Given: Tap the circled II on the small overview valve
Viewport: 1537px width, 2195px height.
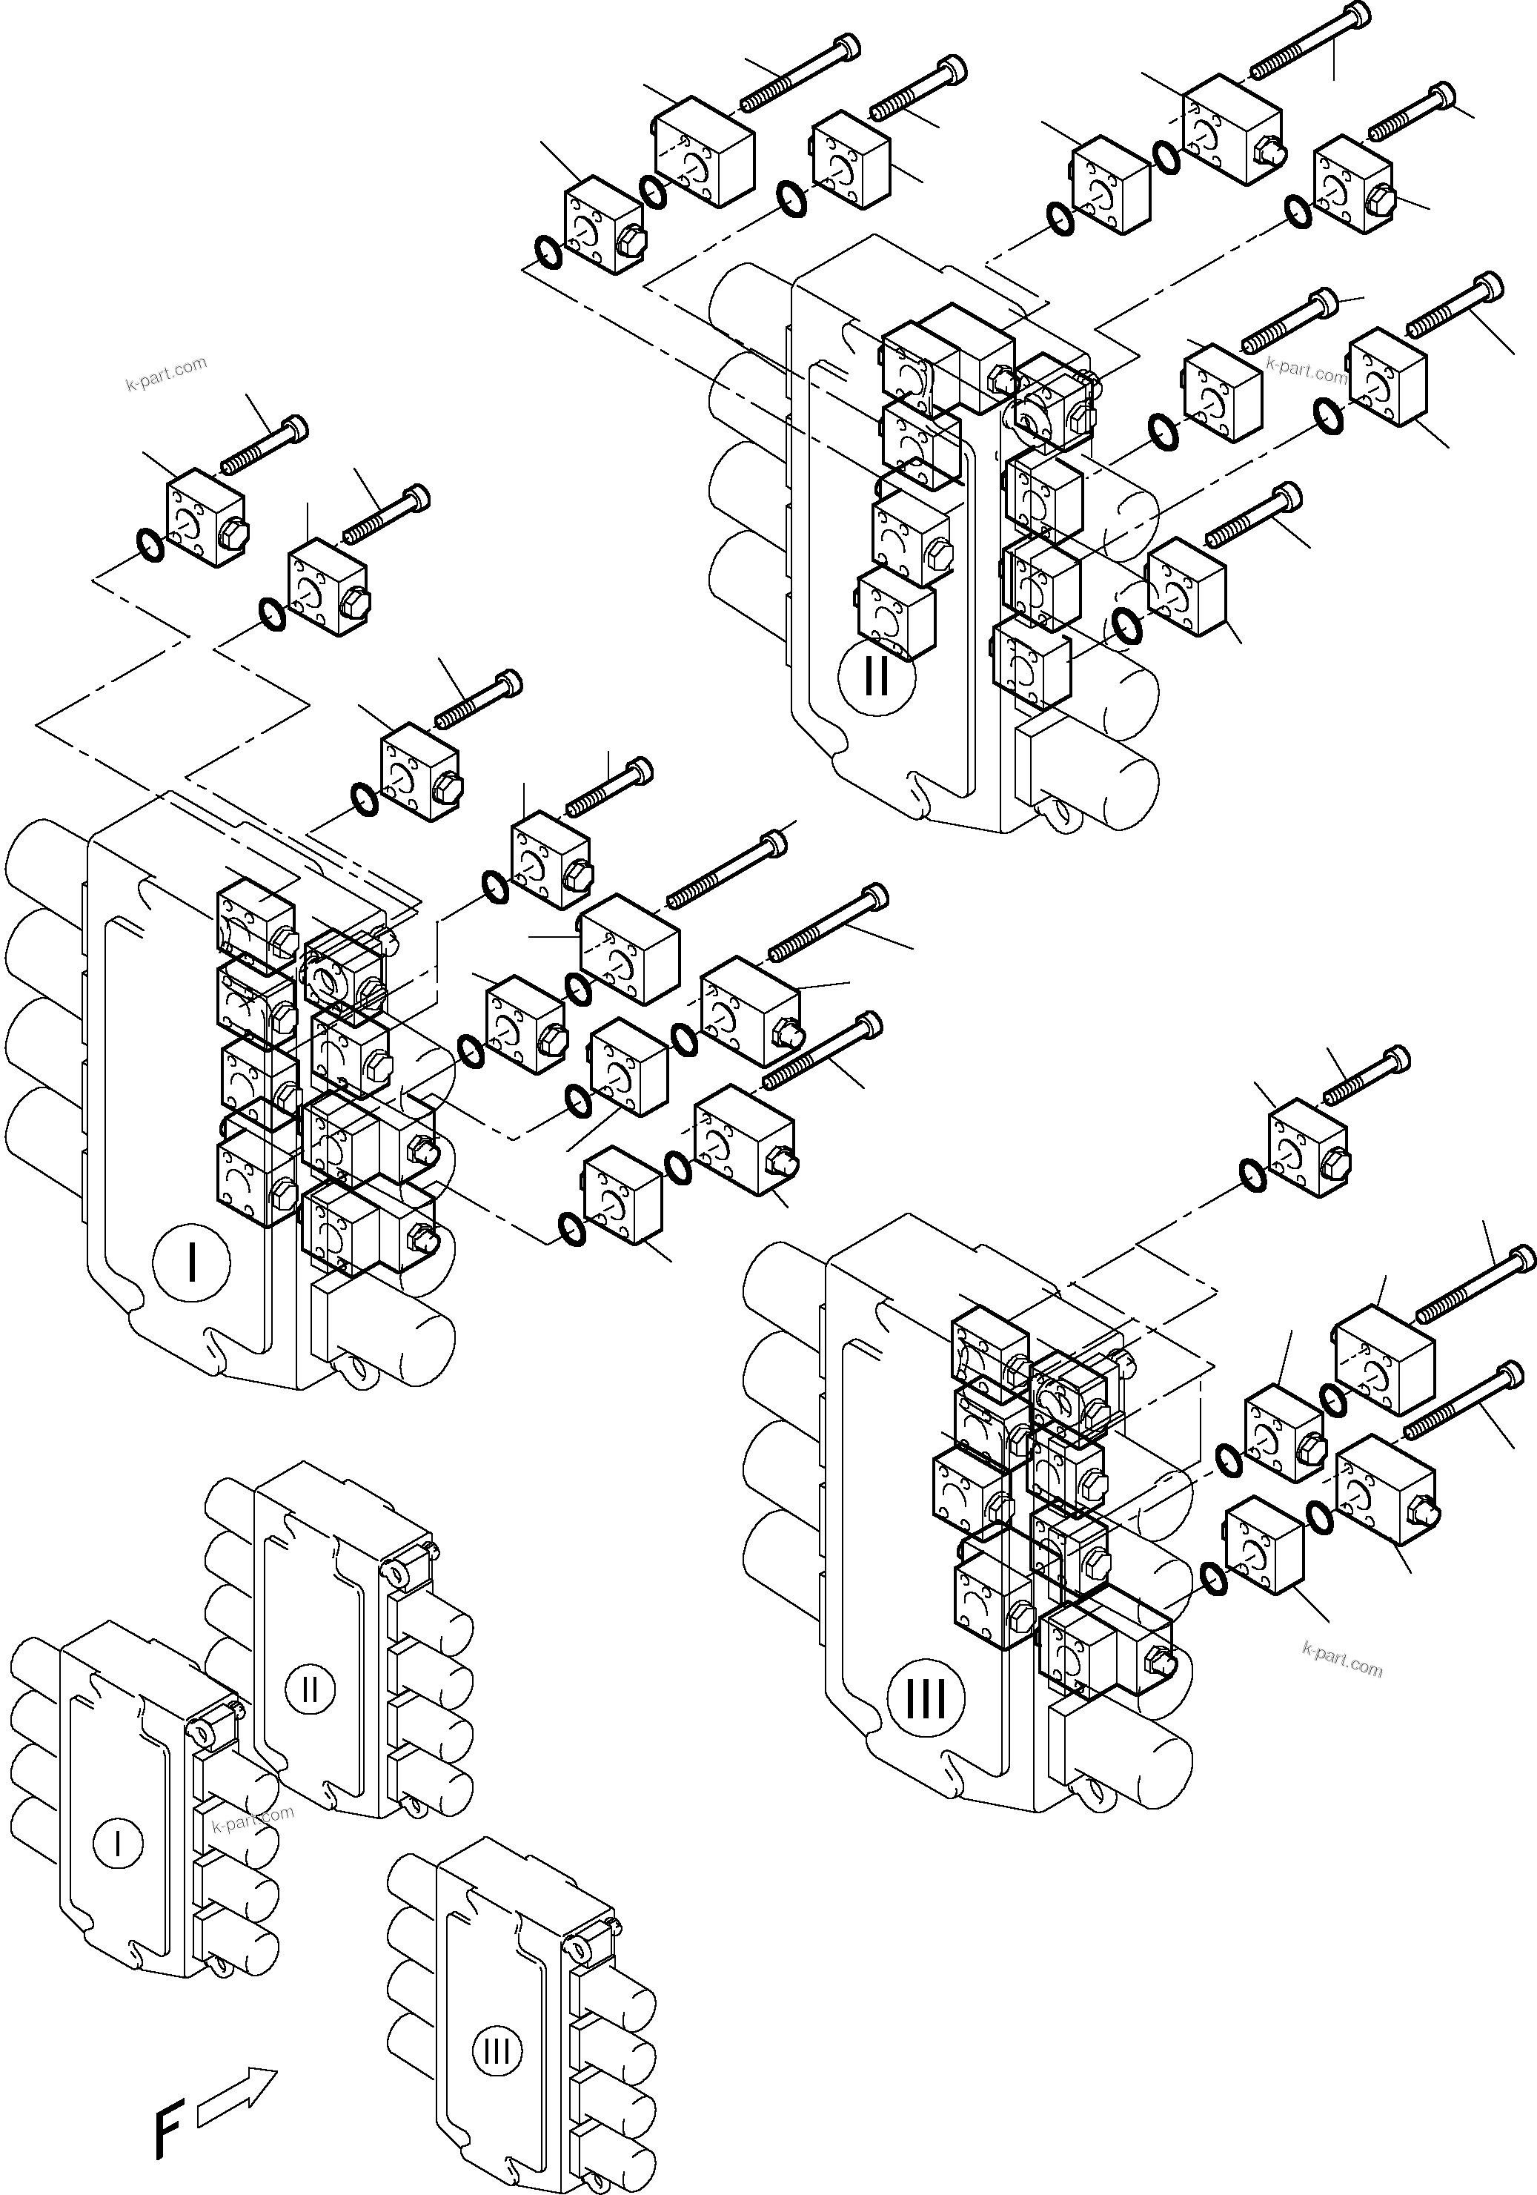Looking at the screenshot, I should point(310,1689).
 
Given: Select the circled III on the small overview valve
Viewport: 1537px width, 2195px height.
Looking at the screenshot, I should point(497,2050).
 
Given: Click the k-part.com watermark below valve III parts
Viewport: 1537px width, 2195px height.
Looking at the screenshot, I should point(1342,1660).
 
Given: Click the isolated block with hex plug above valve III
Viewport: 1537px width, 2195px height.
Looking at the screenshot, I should point(1307,1149).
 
